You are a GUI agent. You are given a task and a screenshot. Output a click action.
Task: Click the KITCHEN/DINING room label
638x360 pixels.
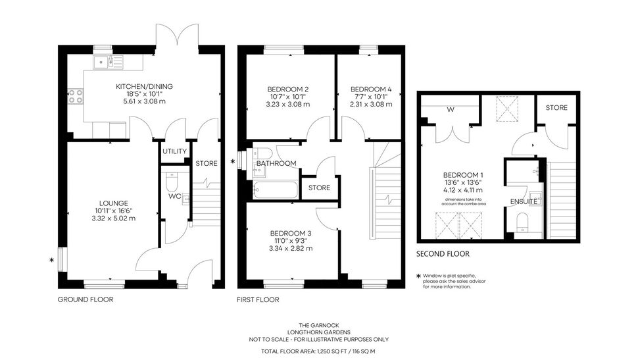[144, 86]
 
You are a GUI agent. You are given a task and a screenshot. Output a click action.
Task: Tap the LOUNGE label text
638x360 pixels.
[114, 203]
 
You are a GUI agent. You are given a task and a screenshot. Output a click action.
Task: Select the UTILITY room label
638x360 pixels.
[174, 151]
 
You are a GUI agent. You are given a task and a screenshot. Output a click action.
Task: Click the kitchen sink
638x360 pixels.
[108, 62]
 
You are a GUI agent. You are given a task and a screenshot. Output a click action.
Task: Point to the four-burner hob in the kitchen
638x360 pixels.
[75, 96]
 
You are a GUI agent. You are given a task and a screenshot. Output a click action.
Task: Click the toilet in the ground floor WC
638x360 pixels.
[172, 182]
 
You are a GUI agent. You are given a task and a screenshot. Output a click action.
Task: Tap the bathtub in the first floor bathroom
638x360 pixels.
[276, 190]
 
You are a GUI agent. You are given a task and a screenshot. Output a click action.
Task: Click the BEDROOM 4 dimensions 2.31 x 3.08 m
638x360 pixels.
[371, 104]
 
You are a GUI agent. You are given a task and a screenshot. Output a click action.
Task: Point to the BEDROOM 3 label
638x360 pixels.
[291, 234]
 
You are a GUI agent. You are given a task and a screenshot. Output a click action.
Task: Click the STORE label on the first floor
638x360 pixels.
[319, 188]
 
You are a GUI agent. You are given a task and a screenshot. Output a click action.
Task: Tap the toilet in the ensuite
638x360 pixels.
[522, 222]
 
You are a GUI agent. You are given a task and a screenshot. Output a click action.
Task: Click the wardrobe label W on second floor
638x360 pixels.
[451, 109]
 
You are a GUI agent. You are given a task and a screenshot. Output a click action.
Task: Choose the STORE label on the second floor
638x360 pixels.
[556, 107]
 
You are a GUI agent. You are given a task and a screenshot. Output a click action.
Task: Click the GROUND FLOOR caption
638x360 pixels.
[86, 299]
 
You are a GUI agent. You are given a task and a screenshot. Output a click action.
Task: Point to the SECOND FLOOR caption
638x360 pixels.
[443, 253]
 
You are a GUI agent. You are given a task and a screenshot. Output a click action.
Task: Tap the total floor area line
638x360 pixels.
[318, 351]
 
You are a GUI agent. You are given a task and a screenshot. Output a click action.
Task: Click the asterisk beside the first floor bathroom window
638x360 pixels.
[233, 162]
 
